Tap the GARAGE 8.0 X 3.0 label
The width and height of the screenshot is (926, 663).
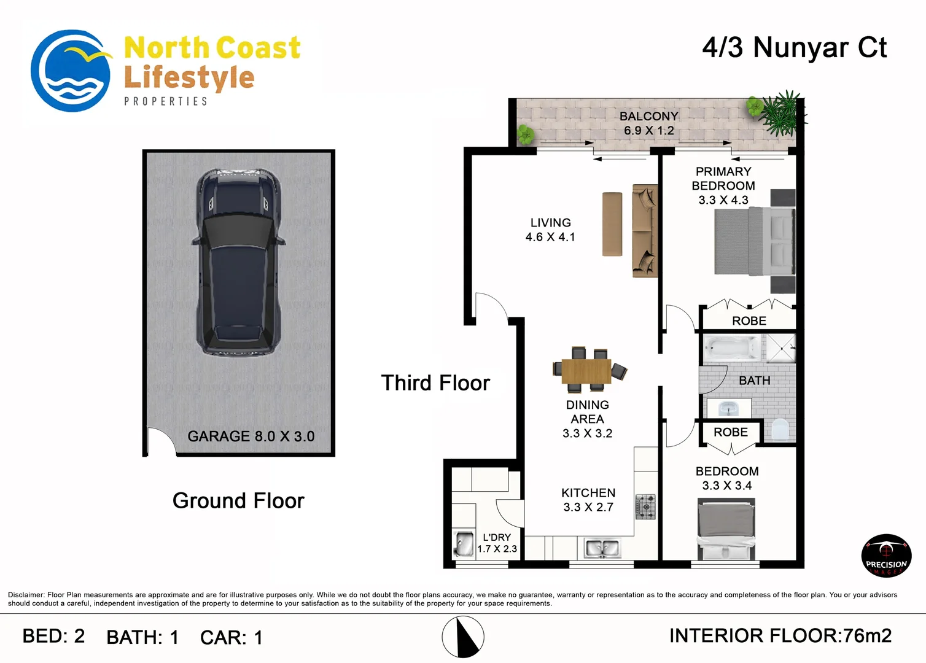pyautogui.click(x=251, y=436)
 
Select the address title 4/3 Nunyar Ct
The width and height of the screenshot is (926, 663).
pyautogui.click(x=794, y=48)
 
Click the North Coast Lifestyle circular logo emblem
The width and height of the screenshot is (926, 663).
pyautogui.click(x=71, y=71)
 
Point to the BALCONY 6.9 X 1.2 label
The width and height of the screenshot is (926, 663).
pyautogui.click(x=648, y=123)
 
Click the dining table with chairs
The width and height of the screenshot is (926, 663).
pyautogui.click(x=586, y=370)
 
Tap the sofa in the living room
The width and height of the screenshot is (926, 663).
pyautogui.click(x=645, y=231)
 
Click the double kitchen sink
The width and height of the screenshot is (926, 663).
pyautogui.click(x=602, y=548)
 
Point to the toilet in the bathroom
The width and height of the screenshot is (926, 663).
pyautogui.click(x=779, y=429)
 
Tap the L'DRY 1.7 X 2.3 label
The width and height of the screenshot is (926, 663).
pyautogui.click(x=497, y=543)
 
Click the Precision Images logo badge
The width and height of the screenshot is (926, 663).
pyautogui.click(x=886, y=556)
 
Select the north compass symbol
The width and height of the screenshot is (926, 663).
pyautogui.click(x=463, y=637)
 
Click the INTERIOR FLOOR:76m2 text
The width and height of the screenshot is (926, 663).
pyautogui.click(x=780, y=636)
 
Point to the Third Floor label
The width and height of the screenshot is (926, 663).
pyautogui.click(x=435, y=383)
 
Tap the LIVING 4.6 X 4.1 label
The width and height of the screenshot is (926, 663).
pyautogui.click(x=550, y=230)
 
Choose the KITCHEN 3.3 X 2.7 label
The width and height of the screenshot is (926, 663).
pyautogui.click(x=588, y=500)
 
